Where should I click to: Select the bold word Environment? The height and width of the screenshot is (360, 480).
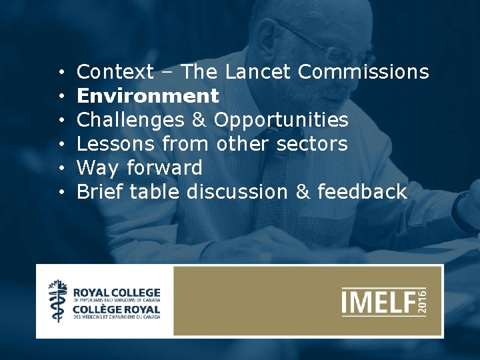[147, 96]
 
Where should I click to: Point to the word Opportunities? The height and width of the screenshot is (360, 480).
[281, 120]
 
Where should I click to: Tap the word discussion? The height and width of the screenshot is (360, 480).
[237, 192]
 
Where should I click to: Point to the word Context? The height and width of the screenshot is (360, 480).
[115, 71]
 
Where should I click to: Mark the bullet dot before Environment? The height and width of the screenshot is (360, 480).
[61, 97]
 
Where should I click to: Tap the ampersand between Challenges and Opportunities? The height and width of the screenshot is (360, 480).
[200, 120]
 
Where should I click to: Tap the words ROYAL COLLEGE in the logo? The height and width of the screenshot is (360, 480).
[116, 292]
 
